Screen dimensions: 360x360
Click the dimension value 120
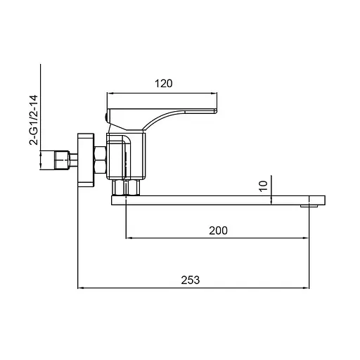point(163,84)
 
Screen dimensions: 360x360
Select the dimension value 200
point(217,230)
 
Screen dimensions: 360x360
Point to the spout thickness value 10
point(262,186)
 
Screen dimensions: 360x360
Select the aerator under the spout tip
point(306,206)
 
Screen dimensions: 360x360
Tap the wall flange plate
point(85,161)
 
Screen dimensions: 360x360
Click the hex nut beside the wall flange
point(99,160)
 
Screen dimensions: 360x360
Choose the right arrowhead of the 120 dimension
point(214,93)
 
